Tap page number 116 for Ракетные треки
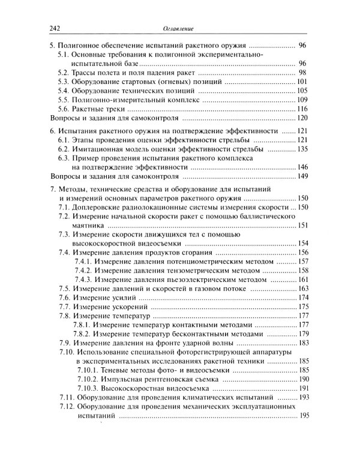coord(302,109)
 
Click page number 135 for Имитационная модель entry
coord(302,149)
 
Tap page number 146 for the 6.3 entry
coord(302,167)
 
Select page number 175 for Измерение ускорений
coord(302,307)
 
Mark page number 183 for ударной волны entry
coord(302,343)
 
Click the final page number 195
coord(302,416)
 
